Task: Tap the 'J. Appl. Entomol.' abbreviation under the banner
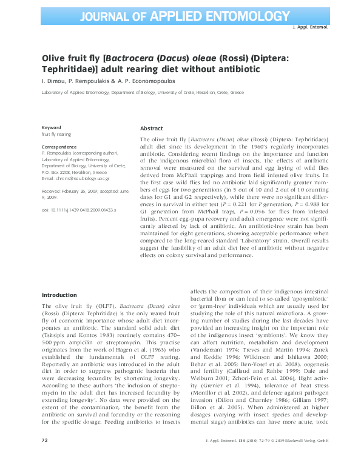[311, 27]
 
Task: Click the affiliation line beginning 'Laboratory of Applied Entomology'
[142, 93]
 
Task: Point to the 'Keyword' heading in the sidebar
[51, 127]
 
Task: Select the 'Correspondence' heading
[59, 147]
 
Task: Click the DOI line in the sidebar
[78, 209]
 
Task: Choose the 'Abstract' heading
[151, 129]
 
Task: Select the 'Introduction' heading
[59, 295]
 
